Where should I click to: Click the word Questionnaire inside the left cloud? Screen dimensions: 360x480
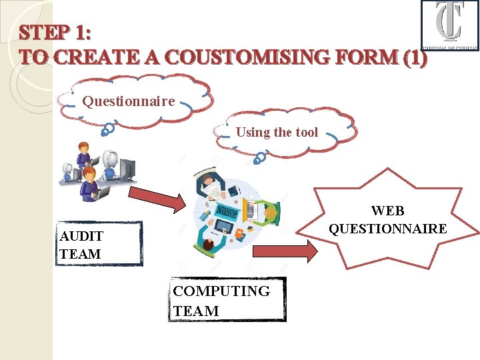129,101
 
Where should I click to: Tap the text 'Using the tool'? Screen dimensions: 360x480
277,132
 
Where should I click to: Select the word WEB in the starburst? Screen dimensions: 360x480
387,211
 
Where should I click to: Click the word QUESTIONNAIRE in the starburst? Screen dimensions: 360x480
387,229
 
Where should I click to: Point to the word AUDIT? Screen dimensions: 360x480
81,236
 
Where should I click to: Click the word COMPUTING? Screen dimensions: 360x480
221,291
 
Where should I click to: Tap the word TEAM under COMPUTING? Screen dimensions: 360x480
196,311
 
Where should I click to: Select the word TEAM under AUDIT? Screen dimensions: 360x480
80,254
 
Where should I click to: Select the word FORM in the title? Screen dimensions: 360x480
365,57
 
